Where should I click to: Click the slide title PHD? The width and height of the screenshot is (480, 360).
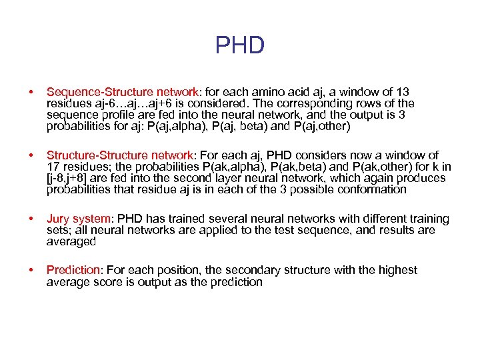pos(240,46)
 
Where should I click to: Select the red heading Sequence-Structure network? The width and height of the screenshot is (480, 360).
pos(122,92)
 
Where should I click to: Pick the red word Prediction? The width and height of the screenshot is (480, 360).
pos(72,270)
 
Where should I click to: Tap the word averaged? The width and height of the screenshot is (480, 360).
pos(71,241)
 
